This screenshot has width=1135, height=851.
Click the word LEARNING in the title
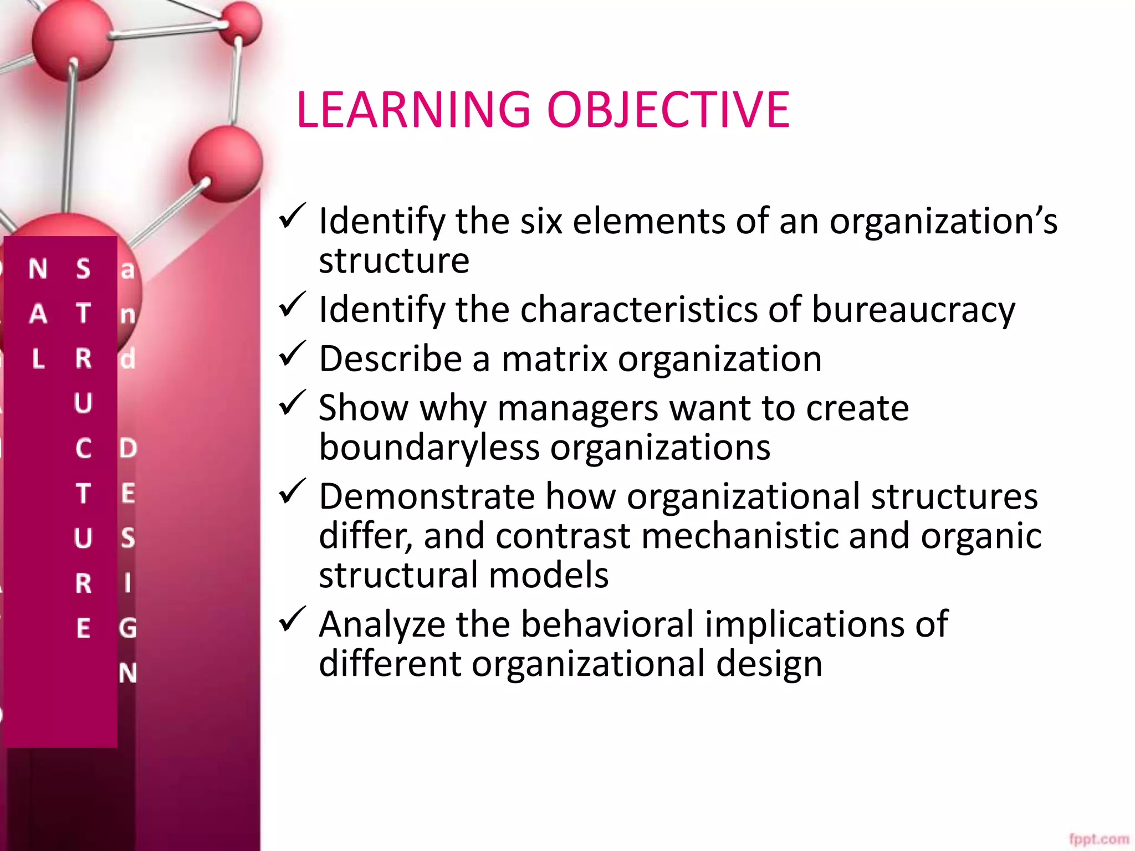pos(413,110)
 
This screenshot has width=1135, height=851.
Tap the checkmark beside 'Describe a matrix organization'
pos(292,354)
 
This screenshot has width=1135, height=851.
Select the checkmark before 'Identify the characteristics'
pos(292,305)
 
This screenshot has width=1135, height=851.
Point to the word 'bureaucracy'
pos(913,310)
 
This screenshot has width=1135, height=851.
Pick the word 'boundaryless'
pos(429,447)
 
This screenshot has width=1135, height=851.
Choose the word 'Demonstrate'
pos(427,496)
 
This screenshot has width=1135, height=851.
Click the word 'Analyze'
pos(382,625)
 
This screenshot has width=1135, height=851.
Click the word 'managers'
pos(578,409)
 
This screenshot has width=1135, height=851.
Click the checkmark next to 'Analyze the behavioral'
pos(292,619)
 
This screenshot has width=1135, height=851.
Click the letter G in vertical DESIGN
pos(127,628)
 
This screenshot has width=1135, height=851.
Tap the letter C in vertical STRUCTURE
pos(83,448)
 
